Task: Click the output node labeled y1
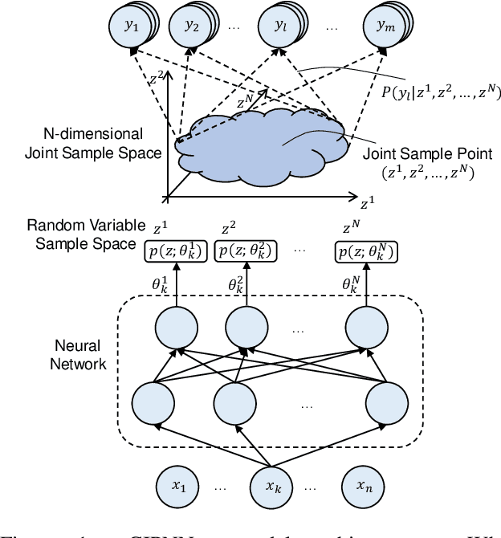click(x=133, y=26)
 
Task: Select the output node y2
click(x=192, y=26)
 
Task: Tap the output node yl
click(x=279, y=26)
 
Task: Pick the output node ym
click(x=381, y=26)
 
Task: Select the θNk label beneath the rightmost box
click(x=354, y=283)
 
